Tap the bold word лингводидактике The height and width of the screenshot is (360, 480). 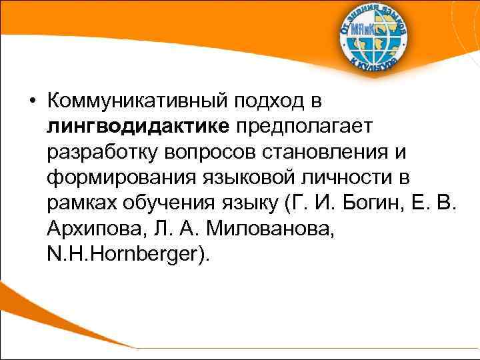(x=138, y=126)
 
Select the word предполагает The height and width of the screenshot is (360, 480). (x=305, y=126)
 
